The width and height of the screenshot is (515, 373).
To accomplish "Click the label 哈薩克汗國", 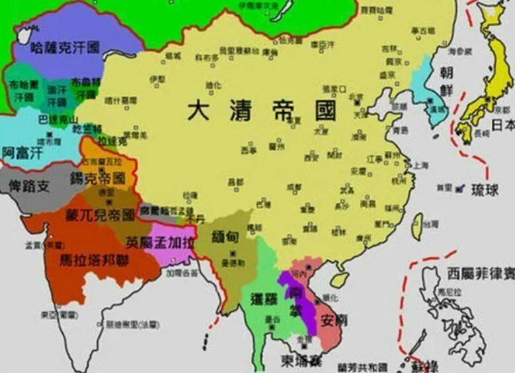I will point(65,48).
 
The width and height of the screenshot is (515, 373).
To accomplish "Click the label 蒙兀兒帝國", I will point(99,215).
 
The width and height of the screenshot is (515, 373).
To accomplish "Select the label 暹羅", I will point(264,298).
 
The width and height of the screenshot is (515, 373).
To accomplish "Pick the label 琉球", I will point(485,190).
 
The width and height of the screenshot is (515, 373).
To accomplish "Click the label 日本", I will point(502,125).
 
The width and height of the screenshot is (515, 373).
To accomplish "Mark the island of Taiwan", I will point(418,226).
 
